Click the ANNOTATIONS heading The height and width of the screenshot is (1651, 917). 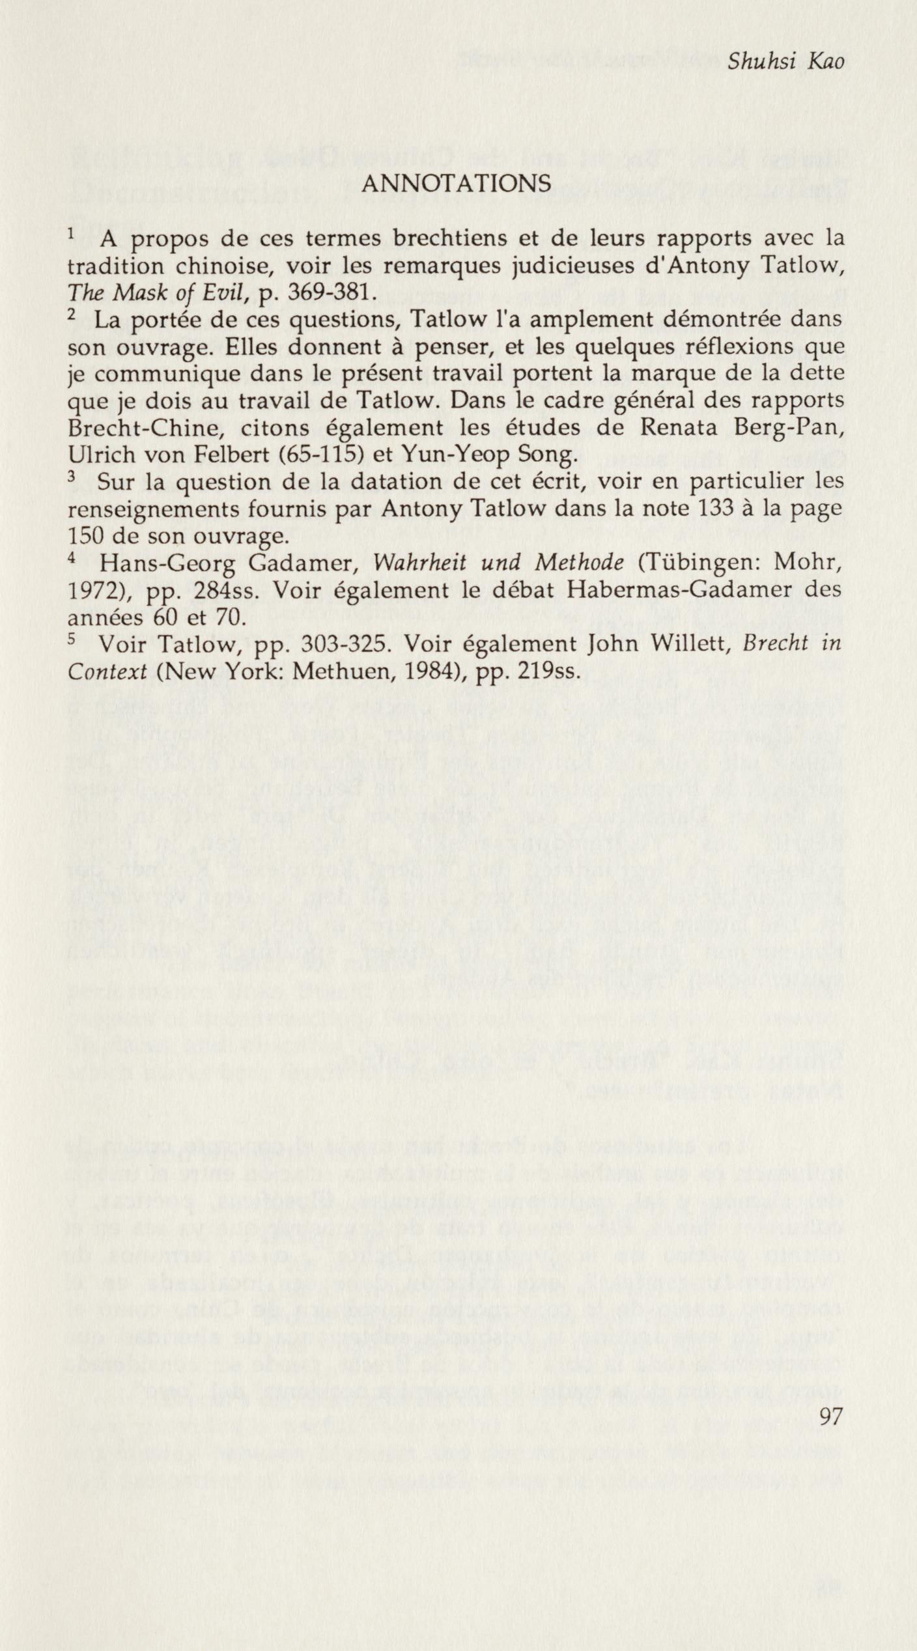[x=456, y=185]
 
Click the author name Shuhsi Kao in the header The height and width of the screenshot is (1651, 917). [x=785, y=62]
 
